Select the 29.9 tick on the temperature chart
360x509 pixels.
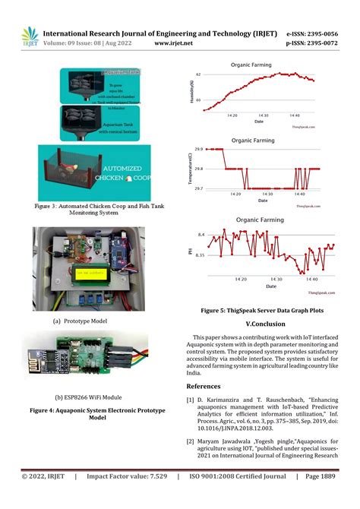[197, 150]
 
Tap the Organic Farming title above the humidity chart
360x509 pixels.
[251, 66]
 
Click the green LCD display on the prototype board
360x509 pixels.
[90, 273]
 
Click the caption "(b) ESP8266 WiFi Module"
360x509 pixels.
[88, 397]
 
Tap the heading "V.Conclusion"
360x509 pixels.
[261, 323]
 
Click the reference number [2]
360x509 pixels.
[190, 441]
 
